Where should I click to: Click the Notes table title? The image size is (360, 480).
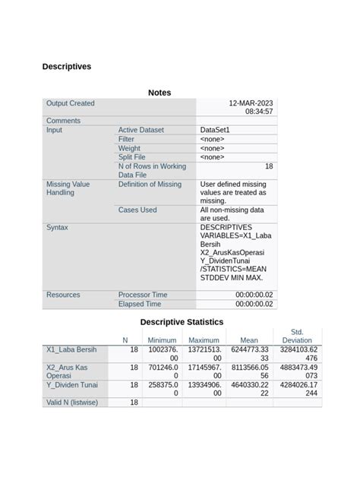tap(159, 93)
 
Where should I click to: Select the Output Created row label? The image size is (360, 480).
tap(71, 103)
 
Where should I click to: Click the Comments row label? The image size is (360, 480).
tap(63, 121)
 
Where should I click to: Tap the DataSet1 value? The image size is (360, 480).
tap(215, 130)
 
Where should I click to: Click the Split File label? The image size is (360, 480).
tap(134, 157)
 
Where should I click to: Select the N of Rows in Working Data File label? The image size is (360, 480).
tap(152, 170)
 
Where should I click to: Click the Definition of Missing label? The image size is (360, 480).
tap(150, 185)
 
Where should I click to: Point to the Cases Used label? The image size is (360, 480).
tap(137, 210)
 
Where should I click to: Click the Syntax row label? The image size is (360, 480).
tap(58, 227)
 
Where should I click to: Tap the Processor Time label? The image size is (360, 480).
tap(143, 295)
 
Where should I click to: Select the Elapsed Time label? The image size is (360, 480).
tap(140, 304)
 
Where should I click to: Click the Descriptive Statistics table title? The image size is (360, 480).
tap(182, 322)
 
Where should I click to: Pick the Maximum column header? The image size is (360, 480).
tap(204, 340)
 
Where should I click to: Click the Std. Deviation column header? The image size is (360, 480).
tap(297, 336)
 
